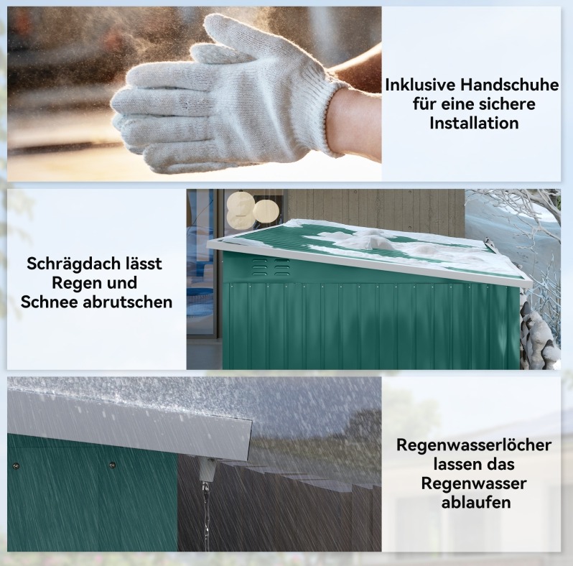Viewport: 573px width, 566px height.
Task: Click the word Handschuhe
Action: [509, 85]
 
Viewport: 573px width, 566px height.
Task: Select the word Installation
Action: [474, 124]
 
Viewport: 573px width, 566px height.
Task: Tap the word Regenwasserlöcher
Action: [474, 445]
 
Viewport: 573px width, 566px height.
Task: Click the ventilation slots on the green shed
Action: [271, 267]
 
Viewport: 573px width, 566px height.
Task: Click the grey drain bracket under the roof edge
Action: [208, 469]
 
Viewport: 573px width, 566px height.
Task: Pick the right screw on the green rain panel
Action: [112, 465]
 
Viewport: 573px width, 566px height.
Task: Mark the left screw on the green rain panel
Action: [14, 466]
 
